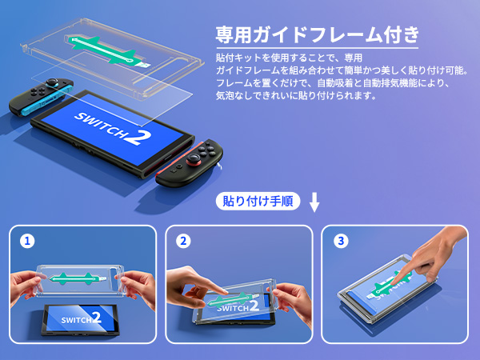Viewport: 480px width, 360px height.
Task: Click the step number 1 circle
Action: coord(27,241)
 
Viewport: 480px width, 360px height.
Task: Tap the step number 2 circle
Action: coord(183,241)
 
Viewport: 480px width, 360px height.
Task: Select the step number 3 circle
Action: coord(341,241)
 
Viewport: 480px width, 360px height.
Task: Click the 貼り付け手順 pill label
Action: coord(258,201)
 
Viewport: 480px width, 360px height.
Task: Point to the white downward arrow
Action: coord(314,202)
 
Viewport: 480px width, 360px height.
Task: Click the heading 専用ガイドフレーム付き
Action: coord(317,34)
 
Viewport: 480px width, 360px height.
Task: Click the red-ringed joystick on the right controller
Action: coord(194,159)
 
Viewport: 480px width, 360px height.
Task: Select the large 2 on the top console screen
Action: coord(139,138)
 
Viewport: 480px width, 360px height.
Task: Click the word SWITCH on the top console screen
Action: coord(100,125)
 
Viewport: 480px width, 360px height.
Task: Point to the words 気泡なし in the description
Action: coord(235,95)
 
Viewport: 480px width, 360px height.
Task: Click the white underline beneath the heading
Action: coord(317,48)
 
